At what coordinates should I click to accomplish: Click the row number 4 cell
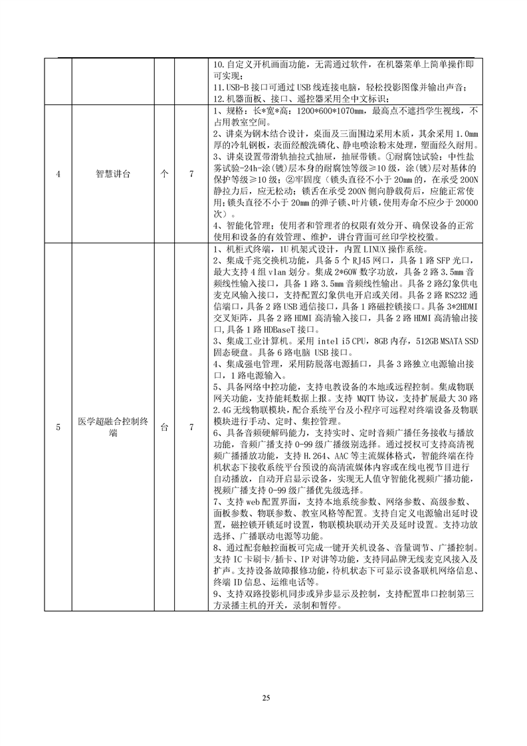coord(58,174)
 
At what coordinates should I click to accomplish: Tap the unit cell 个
coord(163,174)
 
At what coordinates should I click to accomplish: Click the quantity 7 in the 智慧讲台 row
coord(191,174)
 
